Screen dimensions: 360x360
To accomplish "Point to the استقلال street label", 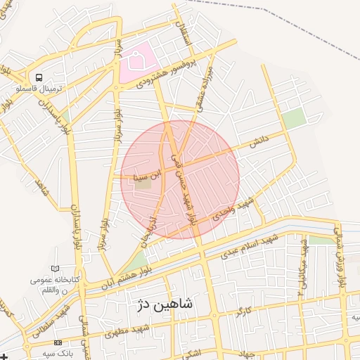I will (x=187, y=34).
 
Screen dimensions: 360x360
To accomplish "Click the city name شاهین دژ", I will (x=165, y=304).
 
